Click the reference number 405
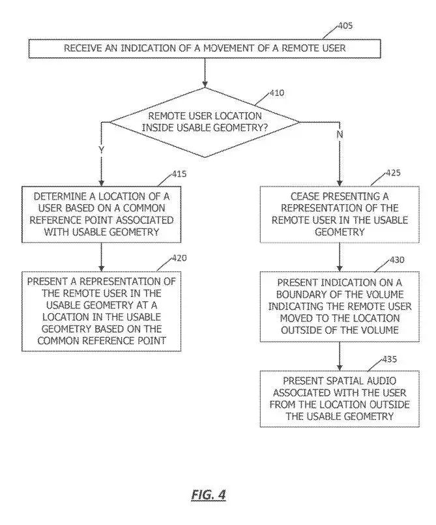point(345,26)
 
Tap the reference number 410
point(276,93)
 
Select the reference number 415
point(179,173)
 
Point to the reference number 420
point(180,258)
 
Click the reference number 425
point(393,173)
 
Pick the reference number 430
point(396,260)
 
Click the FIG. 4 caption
point(209,494)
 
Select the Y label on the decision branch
point(101,149)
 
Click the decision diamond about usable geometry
point(205,122)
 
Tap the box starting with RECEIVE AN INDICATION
point(205,48)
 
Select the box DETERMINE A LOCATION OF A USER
point(102,213)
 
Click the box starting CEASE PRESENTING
point(339,213)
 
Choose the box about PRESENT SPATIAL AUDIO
point(339,398)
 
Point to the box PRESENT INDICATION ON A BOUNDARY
point(339,306)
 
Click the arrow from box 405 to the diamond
point(205,72)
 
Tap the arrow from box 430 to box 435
point(339,356)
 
